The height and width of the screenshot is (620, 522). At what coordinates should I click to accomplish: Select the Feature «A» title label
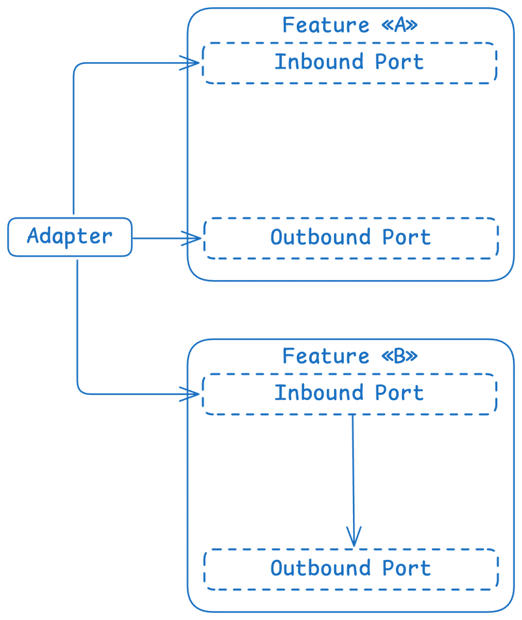click(x=350, y=25)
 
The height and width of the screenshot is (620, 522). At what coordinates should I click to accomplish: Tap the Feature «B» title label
click(x=350, y=356)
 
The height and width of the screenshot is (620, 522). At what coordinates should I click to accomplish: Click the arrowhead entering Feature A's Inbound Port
click(x=191, y=63)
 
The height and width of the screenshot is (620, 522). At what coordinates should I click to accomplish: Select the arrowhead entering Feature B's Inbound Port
click(x=191, y=394)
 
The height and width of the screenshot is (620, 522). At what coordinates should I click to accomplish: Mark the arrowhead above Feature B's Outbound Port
click(x=354, y=537)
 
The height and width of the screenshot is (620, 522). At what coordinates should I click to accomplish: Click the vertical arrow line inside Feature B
click(x=353, y=481)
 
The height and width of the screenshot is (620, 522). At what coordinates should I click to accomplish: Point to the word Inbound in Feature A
click(x=319, y=62)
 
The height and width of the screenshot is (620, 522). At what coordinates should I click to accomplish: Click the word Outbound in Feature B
click(x=321, y=568)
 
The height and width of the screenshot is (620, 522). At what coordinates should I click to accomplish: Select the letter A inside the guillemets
click(x=400, y=25)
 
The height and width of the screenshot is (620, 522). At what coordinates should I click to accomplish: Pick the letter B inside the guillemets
click(x=400, y=356)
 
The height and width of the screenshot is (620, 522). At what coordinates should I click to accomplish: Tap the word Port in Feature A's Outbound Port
click(x=407, y=238)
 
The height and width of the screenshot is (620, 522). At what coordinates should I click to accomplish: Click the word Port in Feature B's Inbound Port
click(x=399, y=393)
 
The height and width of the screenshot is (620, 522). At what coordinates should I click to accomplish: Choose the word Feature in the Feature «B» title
click(x=326, y=356)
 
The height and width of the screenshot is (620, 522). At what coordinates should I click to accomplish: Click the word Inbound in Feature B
click(x=319, y=393)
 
